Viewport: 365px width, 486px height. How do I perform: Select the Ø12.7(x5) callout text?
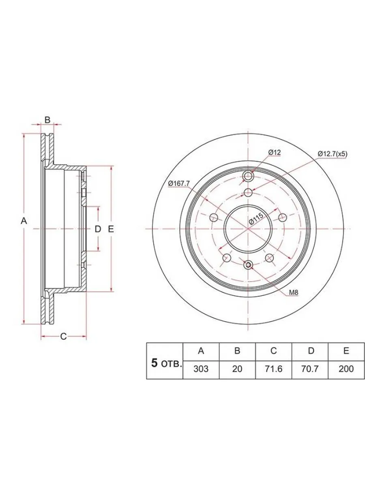tap(333, 154)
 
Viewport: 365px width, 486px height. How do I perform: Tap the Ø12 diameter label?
tap(275, 152)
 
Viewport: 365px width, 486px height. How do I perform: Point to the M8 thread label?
tap(294, 292)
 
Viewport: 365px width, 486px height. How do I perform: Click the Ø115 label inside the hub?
tap(256, 219)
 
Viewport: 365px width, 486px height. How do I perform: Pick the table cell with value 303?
tap(201, 369)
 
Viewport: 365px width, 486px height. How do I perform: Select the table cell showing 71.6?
tap(274, 369)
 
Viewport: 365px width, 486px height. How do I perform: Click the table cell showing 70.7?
tap(310, 369)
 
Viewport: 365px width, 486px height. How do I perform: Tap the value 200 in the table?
tap(346, 369)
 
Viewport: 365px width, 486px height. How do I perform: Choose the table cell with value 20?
tap(237, 369)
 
